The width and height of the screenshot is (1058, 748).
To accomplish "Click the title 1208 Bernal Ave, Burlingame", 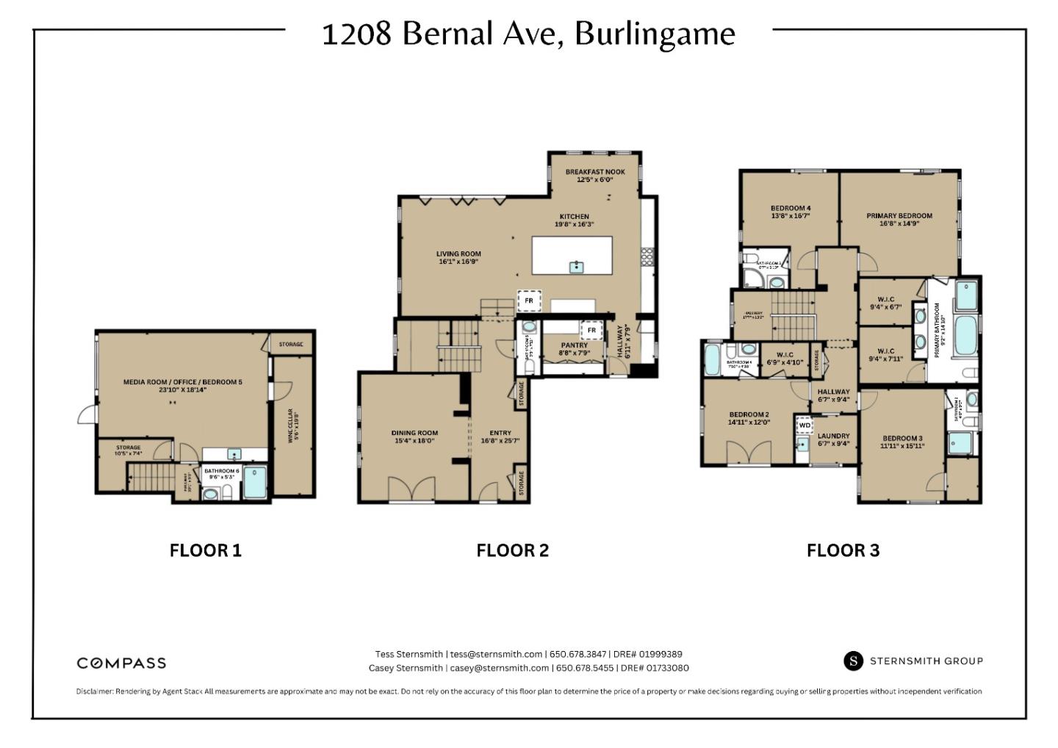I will click(x=528, y=34).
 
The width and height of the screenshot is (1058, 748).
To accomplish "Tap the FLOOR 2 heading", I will click(x=512, y=550).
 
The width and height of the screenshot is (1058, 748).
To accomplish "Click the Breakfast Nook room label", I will click(x=594, y=176).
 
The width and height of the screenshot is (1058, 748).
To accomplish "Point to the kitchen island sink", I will click(x=577, y=267).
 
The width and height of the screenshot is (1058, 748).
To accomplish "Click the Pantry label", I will click(x=574, y=349).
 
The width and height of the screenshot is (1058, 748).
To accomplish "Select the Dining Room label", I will click(x=414, y=436).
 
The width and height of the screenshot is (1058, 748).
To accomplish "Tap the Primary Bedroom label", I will click(x=899, y=220).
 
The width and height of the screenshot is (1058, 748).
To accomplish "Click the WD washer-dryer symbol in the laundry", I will click(x=805, y=425).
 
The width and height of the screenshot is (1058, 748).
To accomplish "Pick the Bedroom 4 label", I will click(x=791, y=212).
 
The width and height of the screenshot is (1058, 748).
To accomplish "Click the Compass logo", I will click(x=121, y=663).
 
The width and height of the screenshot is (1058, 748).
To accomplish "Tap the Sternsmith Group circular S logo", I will click(x=853, y=661).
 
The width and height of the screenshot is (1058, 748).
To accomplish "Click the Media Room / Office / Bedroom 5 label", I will click(x=182, y=386).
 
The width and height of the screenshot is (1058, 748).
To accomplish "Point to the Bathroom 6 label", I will click(x=221, y=473).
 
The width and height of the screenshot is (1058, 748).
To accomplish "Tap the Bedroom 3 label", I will click(x=902, y=442).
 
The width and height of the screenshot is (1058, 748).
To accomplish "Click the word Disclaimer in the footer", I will click(x=94, y=691).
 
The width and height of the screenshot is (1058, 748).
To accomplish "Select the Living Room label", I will click(x=458, y=257).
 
